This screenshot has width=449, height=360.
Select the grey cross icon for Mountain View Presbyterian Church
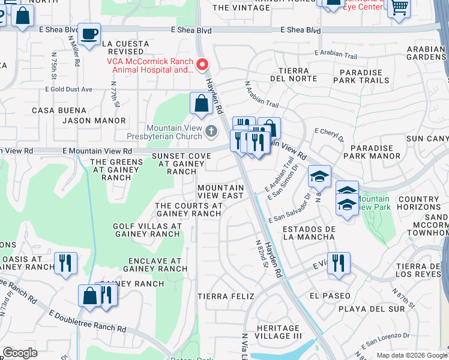tap(211, 130)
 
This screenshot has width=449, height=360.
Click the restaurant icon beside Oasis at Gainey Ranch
tap(65, 263)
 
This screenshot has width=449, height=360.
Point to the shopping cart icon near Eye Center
tap(398, 8)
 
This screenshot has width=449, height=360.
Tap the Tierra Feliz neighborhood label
tap(226, 296)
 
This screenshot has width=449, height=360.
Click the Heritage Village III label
tap(278, 332)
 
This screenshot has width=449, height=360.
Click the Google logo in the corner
tap(20, 353)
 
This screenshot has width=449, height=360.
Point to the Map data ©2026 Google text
tap(411, 355)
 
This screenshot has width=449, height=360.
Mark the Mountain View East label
tap(221, 191)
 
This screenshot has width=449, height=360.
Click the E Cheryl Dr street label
tap(330, 134)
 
